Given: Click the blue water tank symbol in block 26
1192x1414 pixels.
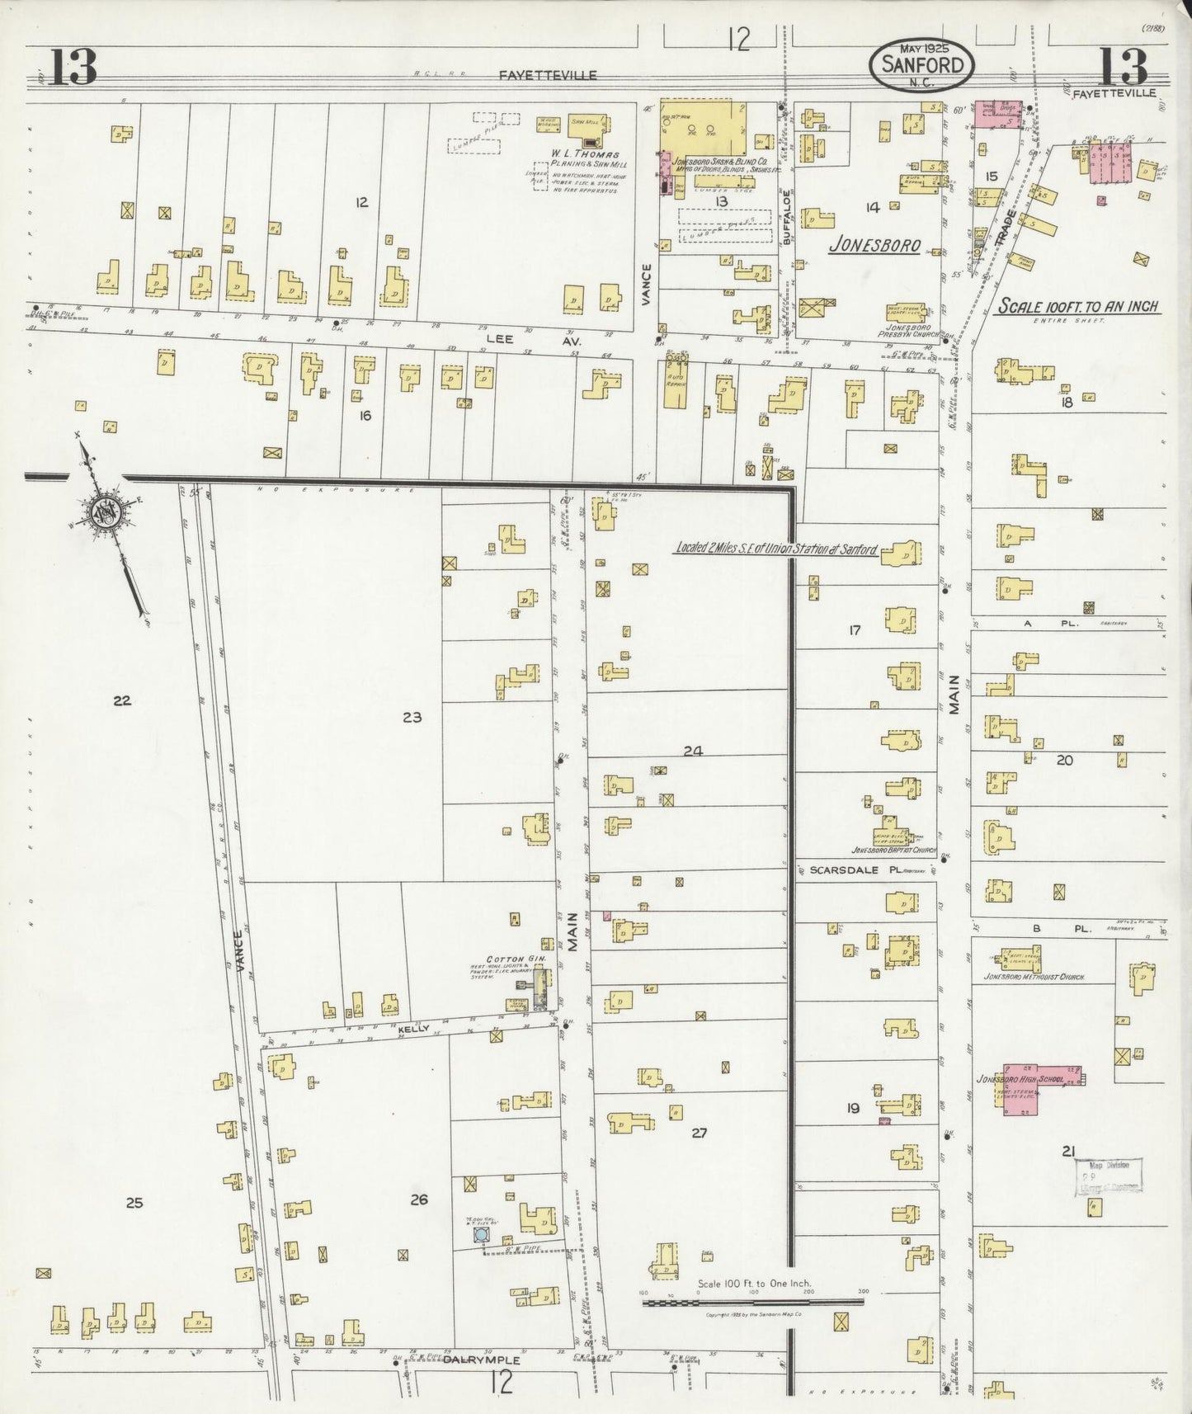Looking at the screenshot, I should [480, 1235].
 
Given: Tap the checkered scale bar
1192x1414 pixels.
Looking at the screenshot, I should [752, 1303].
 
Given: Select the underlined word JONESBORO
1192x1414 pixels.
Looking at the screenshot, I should [874, 245].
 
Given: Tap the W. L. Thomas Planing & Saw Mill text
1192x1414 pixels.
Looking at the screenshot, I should [587, 159].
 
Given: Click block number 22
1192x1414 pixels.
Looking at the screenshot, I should [122, 700].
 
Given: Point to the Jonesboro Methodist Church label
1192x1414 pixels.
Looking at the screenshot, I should [1034, 977].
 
